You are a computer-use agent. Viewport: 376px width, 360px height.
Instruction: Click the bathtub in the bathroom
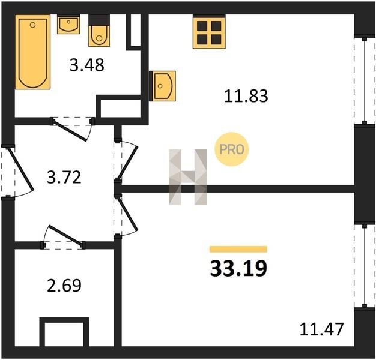pyautogui.click(x=33, y=52)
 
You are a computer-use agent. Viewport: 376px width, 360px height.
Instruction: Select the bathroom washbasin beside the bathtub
pyautogui.click(x=68, y=25)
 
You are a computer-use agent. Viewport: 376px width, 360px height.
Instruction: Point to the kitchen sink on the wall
pyautogui.click(x=162, y=86)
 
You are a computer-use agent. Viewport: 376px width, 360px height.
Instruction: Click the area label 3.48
pyautogui.click(x=87, y=65)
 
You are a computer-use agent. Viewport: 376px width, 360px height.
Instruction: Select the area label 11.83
pyautogui.click(x=246, y=96)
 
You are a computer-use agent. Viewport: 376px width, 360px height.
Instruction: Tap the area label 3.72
pyautogui.click(x=64, y=177)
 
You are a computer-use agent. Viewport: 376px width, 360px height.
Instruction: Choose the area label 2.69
pyautogui.click(x=64, y=285)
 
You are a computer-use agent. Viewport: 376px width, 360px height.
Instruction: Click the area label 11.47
pyautogui.click(x=322, y=329)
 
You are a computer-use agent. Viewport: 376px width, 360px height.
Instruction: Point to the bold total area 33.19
pyautogui.click(x=238, y=268)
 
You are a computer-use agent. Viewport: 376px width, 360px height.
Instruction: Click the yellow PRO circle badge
pyautogui.click(x=232, y=149)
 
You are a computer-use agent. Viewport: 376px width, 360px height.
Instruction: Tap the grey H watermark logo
pyautogui.click(x=188, y=177)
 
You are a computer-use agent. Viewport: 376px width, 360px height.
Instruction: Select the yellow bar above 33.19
pyautogui.click(x=238, y=250)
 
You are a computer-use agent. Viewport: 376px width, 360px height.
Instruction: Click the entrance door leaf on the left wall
pyautogui.click(x=20, y=169)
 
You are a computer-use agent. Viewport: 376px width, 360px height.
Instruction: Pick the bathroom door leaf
pyautogui.click(x=70, y=131)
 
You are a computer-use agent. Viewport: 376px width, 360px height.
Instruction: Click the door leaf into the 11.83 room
pyautogui.click(x=127, y=163)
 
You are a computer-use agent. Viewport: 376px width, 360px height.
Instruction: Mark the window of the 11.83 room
pyautogui.click(x=365, y=80)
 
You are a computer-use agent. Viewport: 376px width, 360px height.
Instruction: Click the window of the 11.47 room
pyautogui.click(x=365, y=265)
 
